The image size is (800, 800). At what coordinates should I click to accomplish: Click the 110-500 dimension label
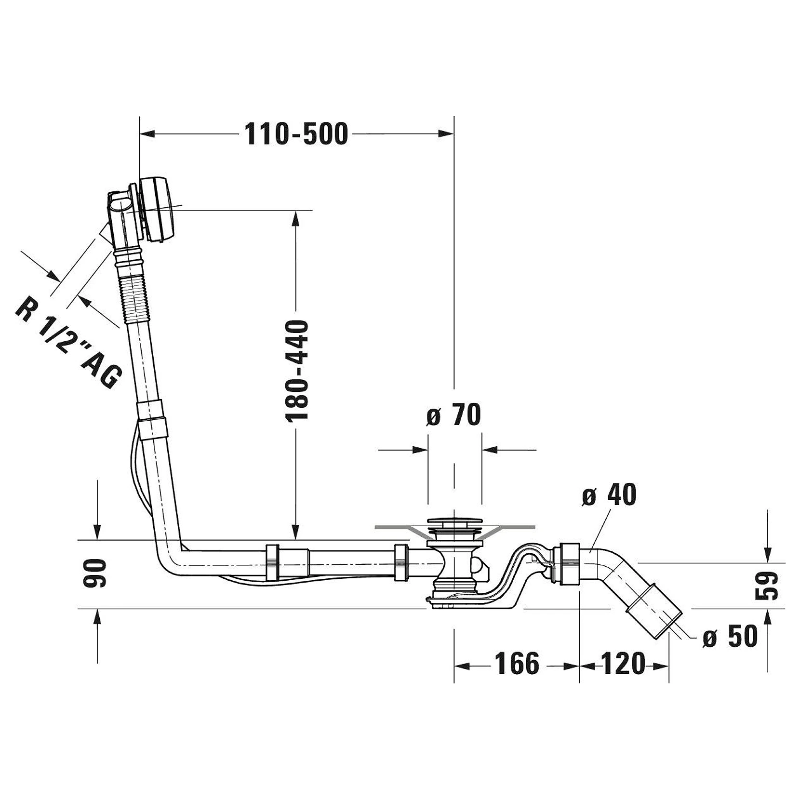[x=296, y=134]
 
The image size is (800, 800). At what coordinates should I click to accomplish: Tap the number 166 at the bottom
[x=517, y=664]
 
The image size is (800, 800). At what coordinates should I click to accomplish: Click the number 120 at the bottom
[x=622, y=664]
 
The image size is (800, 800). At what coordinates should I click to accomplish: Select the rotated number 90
[x=94, y=573]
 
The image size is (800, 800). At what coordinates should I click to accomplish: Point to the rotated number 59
[x=766, y=586]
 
